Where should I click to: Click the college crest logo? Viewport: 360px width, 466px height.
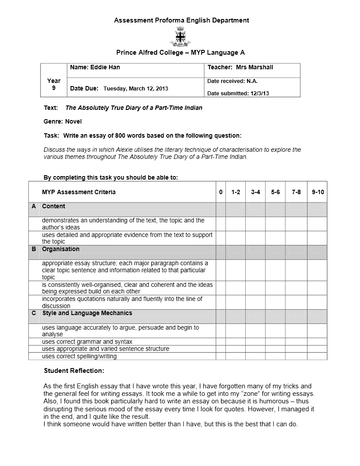[180, 36]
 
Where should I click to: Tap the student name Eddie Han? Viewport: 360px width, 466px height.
[105, 68]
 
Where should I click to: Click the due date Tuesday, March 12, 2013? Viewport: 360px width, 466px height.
[135, 89]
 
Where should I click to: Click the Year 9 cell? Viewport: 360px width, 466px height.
[54, 84]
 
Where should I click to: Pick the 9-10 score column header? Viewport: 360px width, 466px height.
[317, 192]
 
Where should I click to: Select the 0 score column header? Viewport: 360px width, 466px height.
[221, 192]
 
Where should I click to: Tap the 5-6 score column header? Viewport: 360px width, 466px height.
[275, 192]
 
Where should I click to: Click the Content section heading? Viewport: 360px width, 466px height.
[53, 207]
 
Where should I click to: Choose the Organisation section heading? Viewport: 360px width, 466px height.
[60, 249]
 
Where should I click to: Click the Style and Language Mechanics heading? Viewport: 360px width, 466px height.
[87, 313]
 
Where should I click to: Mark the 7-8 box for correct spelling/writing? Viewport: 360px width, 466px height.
[296, 356]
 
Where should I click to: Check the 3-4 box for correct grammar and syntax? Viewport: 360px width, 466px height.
[255, 342]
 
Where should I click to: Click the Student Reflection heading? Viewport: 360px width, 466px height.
[74, 371]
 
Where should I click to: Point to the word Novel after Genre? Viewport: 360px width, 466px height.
[73, 121]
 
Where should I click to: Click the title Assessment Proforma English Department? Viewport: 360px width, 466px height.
[181, 20]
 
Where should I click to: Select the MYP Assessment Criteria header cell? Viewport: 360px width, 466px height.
[79, 192]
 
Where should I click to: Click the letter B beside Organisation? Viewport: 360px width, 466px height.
[34, 249]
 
